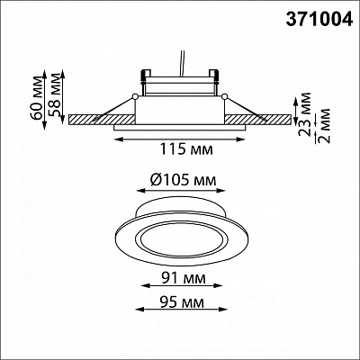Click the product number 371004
tap(319, 20)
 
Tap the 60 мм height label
tap(39, 98)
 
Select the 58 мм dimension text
tap(56, 96)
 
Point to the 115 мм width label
tap(186, 149)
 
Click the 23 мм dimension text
tap(305, 114)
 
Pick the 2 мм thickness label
tap(324, 125)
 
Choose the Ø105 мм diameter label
tap(183, 180)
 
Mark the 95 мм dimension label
tap(182, 301)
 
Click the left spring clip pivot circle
tap(135, 96)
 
